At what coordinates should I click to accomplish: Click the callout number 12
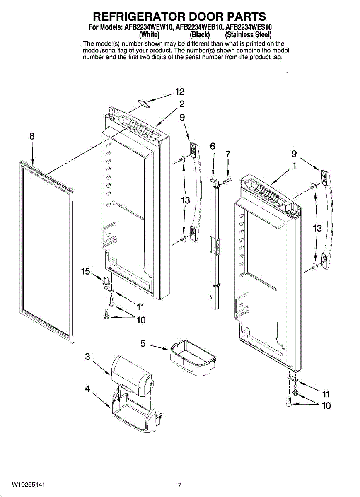coord(179,92)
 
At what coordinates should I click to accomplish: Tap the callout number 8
coord(32,136)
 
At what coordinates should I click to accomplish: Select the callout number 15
coord(86,272)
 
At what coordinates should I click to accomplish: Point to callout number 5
coord(143,343)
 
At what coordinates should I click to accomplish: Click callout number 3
coord(87,357)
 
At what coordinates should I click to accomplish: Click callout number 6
coord(213,146)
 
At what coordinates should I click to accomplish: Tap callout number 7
coord(227,154)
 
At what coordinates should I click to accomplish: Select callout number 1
coord(294,166)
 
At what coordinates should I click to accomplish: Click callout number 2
coord(181,104)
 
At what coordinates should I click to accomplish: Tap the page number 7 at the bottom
coord(179,485)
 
